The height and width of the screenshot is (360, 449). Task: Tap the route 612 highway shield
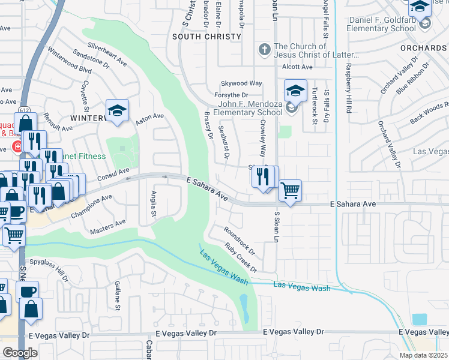[25, 110]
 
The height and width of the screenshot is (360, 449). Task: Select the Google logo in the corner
[20, 352]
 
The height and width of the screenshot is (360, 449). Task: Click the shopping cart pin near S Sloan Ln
[290, 191]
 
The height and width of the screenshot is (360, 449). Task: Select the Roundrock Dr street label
[240, 239]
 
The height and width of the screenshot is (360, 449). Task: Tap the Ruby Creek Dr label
[241, 257]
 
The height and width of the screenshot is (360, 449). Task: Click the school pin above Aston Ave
[117, 110]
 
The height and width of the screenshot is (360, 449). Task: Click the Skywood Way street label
[242, 83]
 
